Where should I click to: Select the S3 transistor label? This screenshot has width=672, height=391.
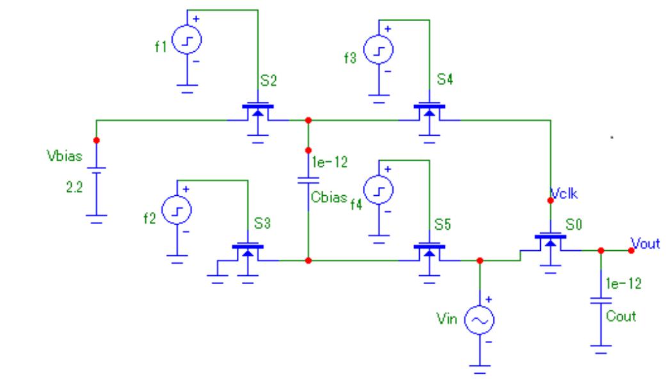point(262,225)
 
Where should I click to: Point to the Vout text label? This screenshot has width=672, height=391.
point(644,242)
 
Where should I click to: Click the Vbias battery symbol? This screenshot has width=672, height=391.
point(97,181)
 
